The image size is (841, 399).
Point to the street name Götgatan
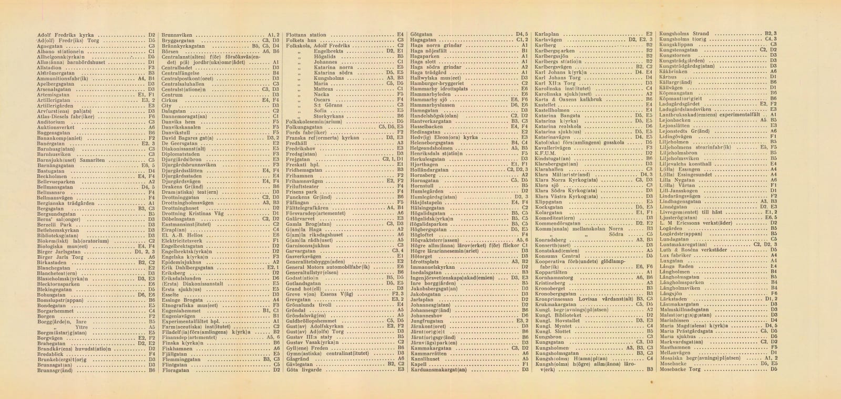(421, 35)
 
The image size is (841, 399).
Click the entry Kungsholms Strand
(684, 34)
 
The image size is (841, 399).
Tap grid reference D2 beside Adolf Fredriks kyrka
(151, 35)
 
